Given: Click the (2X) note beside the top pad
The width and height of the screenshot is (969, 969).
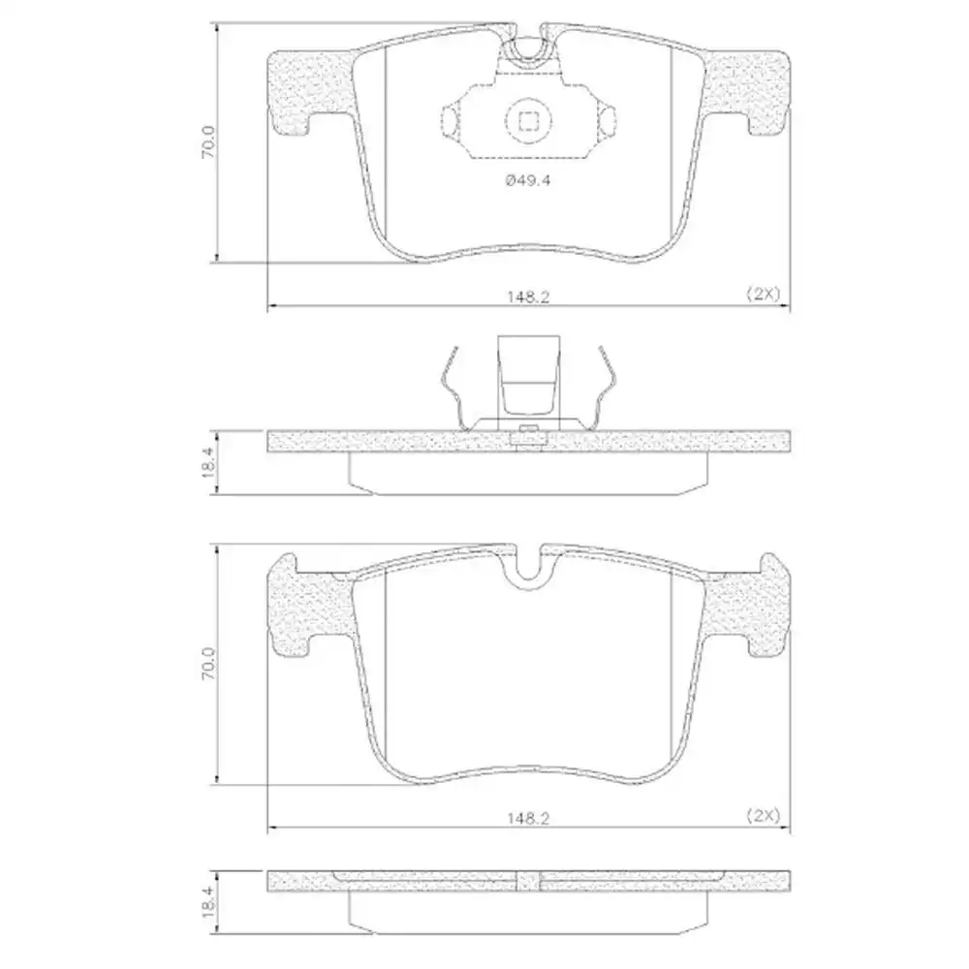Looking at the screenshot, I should point(764,293).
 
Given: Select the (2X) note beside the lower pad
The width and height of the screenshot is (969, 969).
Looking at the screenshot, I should point(764,815).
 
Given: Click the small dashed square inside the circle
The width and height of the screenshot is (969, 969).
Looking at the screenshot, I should point(528,120).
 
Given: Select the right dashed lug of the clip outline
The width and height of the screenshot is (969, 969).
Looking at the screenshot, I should point(608,120).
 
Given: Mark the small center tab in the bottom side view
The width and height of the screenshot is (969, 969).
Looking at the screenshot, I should point(529,881).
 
